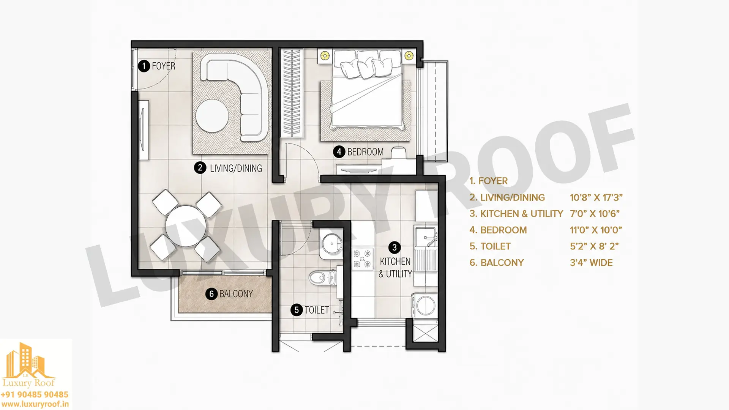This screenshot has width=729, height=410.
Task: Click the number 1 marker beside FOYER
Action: pos(144,66)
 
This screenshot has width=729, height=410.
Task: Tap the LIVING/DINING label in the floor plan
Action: pos(236,168)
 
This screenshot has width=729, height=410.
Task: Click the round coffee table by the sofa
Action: pos(212,115)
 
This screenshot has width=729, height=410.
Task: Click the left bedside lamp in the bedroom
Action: pos(325,56)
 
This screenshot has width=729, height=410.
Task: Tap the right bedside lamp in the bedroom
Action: pos(409,56)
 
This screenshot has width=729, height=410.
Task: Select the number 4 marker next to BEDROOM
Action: pos(339,152)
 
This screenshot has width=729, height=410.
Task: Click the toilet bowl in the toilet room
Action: pos(322,278)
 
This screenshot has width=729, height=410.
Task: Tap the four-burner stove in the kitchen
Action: pos(363,259)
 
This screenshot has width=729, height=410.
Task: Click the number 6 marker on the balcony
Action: pos(211,294)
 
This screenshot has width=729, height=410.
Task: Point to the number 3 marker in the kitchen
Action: pos(394,248)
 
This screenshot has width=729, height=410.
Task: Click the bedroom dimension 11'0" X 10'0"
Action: pos(596,230)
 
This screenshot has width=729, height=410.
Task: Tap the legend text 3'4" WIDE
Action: pos(591,263)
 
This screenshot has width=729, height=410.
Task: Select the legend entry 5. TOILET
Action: pos(490,246)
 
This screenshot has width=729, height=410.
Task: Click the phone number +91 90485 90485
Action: pos(35,395)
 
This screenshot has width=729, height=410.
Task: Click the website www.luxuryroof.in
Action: pos(35,405)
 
